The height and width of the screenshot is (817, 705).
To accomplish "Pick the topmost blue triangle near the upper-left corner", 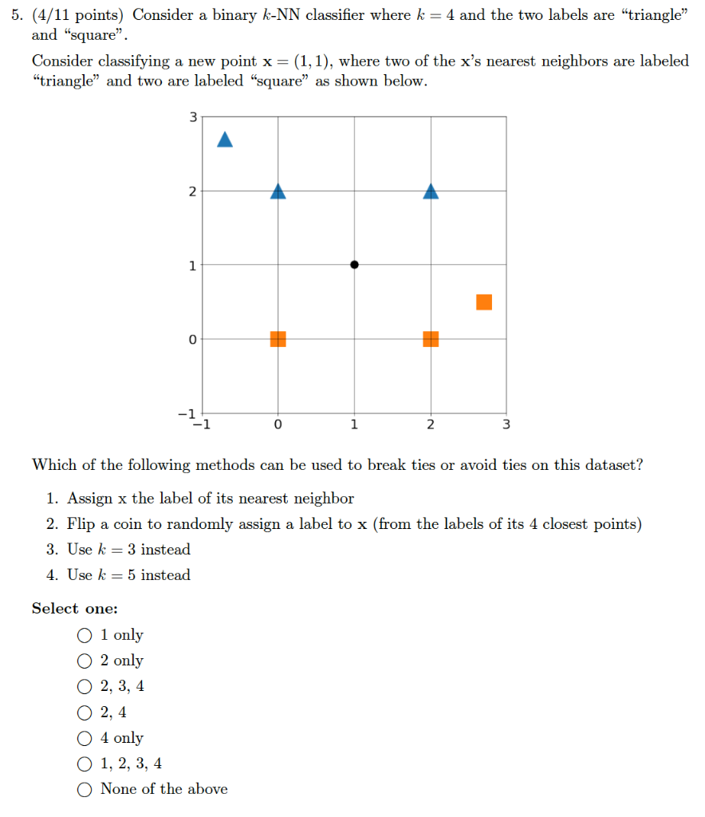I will point(225,140).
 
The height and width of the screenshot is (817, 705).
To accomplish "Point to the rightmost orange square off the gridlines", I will point(484,302).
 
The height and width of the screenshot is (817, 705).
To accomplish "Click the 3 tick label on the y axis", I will point(191,117).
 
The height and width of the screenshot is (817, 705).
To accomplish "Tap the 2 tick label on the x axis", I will point(431,424).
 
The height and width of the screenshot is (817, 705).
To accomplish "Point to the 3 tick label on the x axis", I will point(506,424).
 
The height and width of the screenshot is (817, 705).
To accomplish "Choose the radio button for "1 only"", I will point(85,635).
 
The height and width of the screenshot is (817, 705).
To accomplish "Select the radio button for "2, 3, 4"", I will point(85,686).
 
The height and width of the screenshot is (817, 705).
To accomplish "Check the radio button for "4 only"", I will point(85,738).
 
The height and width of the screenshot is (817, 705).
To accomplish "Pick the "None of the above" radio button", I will point(85,789).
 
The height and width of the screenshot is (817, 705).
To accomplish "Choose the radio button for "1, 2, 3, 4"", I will point(85,764).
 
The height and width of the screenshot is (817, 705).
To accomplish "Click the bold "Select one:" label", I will point(74,609).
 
